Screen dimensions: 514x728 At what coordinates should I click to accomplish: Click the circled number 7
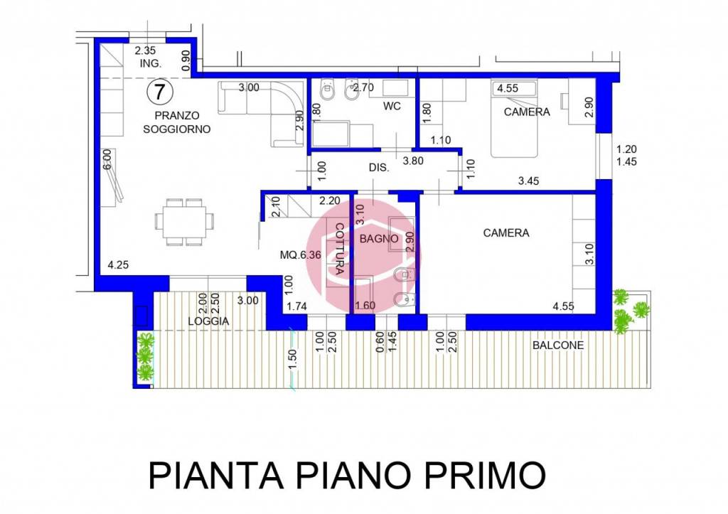160,92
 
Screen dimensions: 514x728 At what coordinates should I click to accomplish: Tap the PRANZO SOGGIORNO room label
176,122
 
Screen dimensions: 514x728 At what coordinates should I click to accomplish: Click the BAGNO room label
378,239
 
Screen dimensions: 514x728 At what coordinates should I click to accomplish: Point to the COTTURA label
339,248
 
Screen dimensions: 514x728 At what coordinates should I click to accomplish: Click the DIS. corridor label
379,168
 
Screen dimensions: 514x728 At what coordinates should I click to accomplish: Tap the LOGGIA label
208,321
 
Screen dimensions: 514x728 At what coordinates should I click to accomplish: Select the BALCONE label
558,346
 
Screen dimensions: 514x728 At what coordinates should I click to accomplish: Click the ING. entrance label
151,63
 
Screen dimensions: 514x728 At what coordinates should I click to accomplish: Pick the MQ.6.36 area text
301,253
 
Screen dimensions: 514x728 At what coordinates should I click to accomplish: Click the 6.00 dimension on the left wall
107,157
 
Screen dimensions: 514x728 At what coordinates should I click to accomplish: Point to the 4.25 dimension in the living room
118,265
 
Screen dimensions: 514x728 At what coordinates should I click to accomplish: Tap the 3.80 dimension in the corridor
413,161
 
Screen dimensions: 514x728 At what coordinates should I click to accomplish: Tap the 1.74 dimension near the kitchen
297,306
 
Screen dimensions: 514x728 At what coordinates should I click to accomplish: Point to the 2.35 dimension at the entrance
146,50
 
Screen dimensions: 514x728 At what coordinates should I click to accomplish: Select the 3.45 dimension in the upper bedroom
528,181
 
